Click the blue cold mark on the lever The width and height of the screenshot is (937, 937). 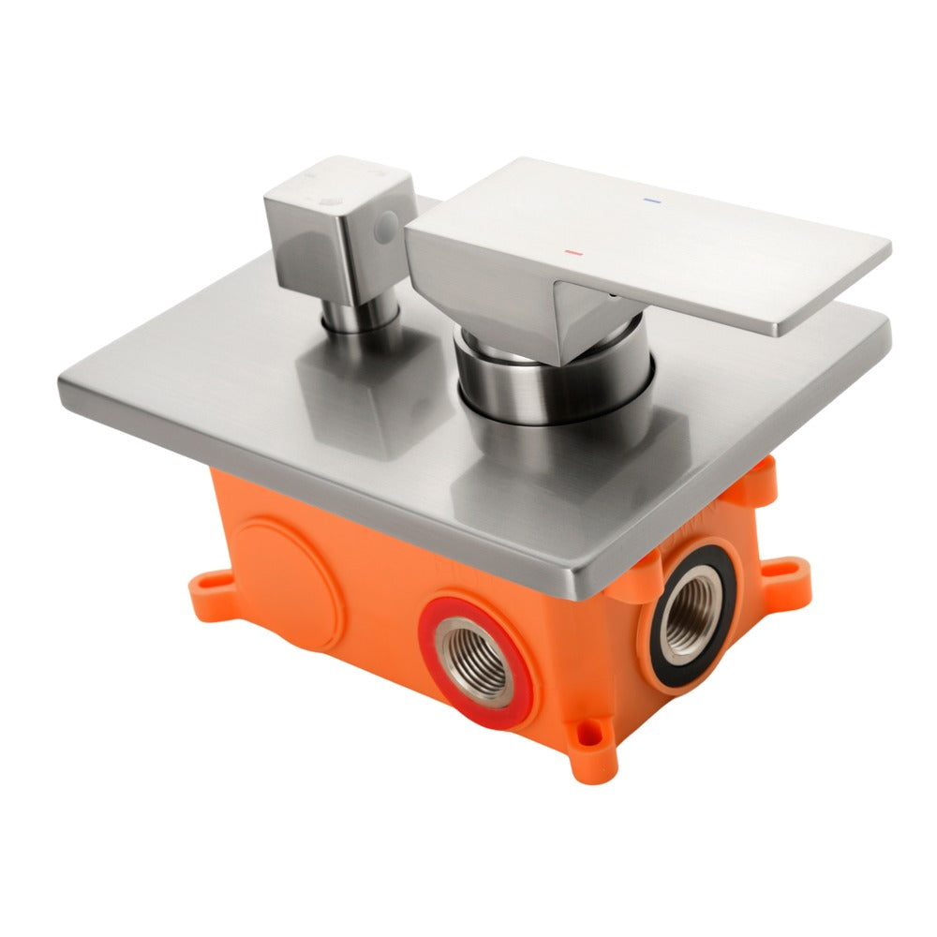point(651,201)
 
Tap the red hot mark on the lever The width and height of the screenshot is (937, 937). point(573,253)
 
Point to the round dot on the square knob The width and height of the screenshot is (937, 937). point(384,225)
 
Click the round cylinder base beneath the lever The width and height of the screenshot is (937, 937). point(553,384)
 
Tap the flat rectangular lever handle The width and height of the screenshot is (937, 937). point(656,234)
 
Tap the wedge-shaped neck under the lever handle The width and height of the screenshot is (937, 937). point(581,319)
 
